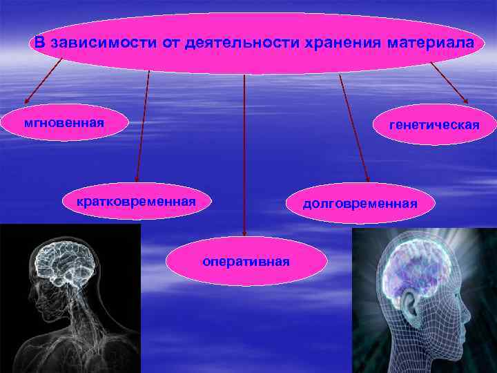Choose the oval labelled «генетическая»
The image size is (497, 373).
coord(433,125)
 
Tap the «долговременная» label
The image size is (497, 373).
coord(360,203)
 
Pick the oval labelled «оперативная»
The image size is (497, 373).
coord(246,262)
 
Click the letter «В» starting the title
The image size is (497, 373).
coord(39,44)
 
